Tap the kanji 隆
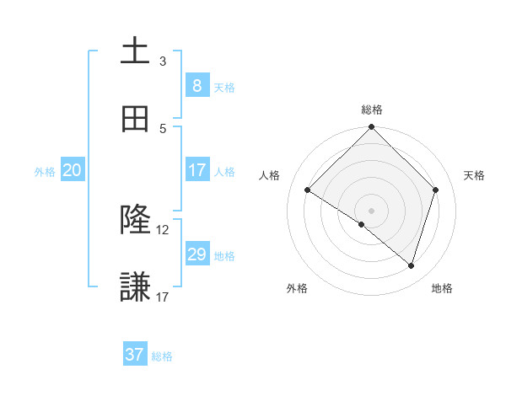135,221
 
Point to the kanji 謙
135,287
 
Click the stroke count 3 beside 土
163,62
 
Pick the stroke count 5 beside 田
163,128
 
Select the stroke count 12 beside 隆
163,230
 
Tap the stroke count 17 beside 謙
163,297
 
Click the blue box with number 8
196,85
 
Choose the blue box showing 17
196,170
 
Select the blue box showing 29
196,254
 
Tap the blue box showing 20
72,170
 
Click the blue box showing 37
135,355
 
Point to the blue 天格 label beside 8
224,87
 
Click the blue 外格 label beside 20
45,172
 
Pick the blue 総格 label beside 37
162,356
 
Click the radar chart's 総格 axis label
372,110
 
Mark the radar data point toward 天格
436,190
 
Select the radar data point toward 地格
412,265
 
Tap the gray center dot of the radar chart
372,210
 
